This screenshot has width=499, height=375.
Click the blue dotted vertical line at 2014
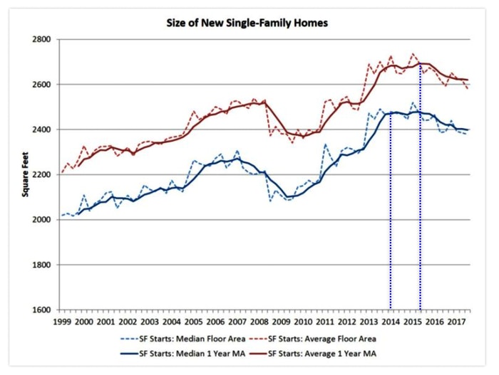[x=391, y=213]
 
